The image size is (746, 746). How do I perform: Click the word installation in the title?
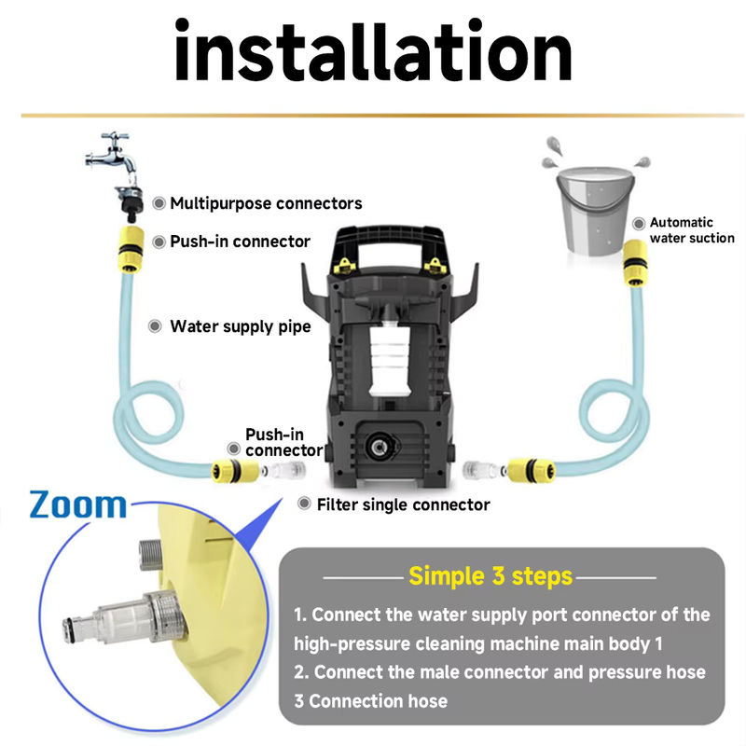[x=373, y=51]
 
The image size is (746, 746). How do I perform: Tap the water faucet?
[x=112, y=157]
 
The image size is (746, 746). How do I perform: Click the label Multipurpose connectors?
[x=266, y=203]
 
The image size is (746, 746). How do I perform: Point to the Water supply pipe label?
[x=241, y=327]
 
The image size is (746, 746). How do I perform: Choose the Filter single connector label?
[x=404, y=504]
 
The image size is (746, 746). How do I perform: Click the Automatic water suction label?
[x=692, y=230]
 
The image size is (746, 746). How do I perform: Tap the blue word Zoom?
[x=78, y=504]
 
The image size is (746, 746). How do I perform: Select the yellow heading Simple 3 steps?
[x=490, y=576]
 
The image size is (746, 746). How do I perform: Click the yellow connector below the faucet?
[x=131, y=250]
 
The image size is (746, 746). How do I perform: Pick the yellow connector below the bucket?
[x=635, y=263]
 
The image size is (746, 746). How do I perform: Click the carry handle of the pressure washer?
[x=389, y=242]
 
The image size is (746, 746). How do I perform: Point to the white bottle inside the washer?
[x=390, y=357]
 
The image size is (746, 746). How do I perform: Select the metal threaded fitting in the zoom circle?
[x=150, y=554]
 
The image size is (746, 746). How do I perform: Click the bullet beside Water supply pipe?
[x=155, y=326]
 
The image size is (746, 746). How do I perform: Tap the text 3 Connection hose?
[x=370, y=701]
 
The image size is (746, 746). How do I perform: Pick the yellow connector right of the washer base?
[x=532, y=471]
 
